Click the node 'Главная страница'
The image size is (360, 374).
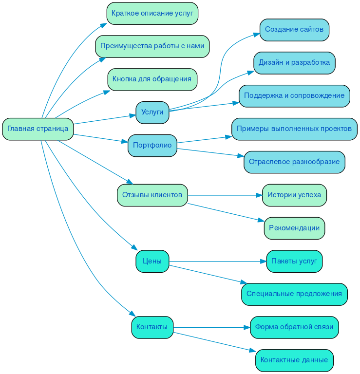click(x=38, y=129)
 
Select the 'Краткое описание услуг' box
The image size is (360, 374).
click(x=152, y=13)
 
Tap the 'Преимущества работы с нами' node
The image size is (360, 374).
click(x=152, y=46)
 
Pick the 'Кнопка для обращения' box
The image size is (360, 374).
click(x=152, y=79)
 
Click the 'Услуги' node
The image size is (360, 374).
click(x=152, y=112)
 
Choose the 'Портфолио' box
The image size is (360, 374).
click(x=152, y=146)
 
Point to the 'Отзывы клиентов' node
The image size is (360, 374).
click(x=152, y=195)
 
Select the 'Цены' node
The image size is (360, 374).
click(x=152, y=262)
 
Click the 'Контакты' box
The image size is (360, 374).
click(x=152, y=327)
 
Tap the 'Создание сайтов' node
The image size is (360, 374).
click(x=294, y=30)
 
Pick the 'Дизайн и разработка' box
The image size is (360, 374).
click(x=294, y=63)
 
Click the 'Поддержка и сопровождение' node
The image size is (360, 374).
click(x=294, y=96)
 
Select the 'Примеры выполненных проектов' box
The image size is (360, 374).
click(x=294, y=129)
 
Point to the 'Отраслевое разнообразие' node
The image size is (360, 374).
click(x=294, y=162)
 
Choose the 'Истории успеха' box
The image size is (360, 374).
click(x=294, y=195)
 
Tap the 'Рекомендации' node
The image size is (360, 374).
click(x=294, y=228)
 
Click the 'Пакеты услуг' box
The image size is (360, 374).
click(x=294, y=262)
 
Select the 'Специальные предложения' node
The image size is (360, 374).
click(x=294, y=294)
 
